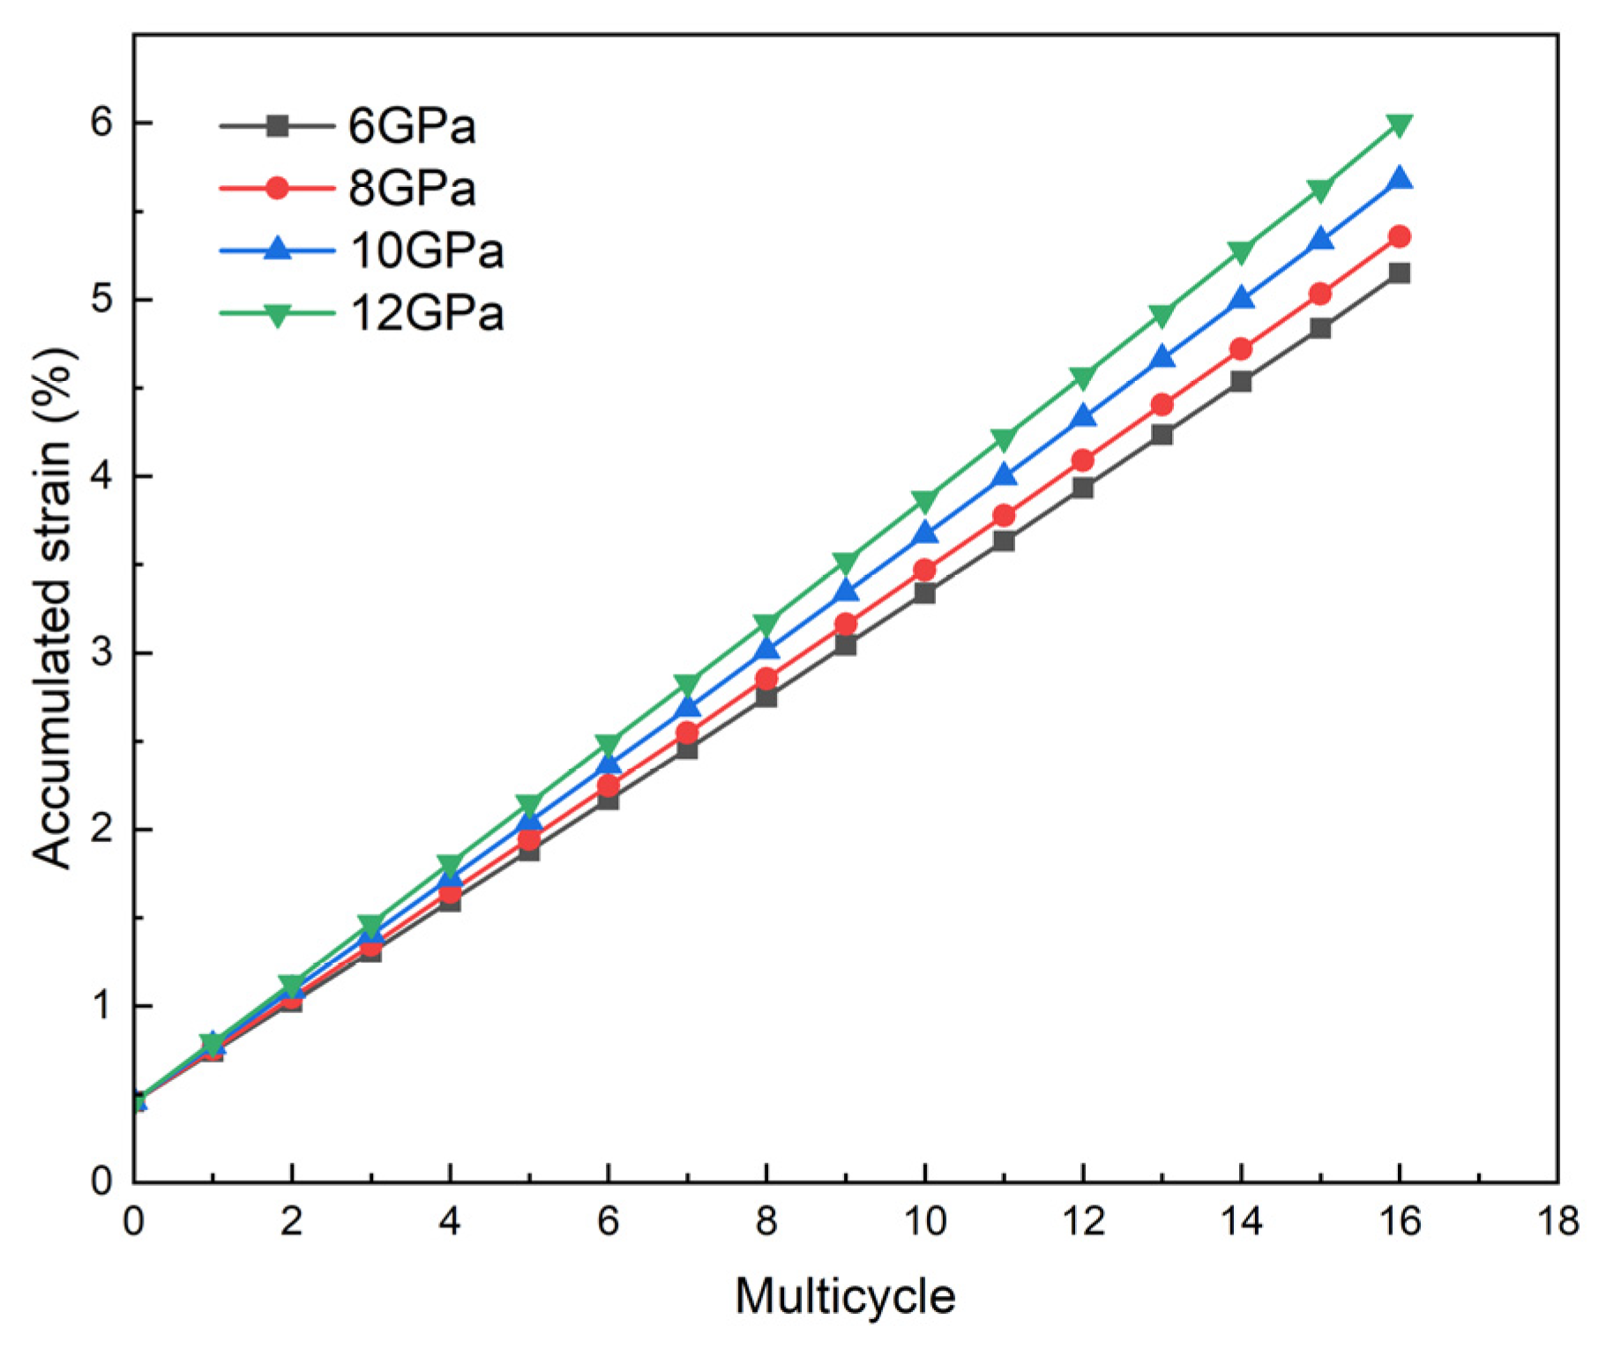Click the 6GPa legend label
pos(411,126)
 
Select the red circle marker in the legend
pos(277,188)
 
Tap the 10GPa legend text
pos(427,250)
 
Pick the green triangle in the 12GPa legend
pos(277,314)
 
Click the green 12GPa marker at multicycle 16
pos(1399,124)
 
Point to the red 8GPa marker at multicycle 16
pos(1399,236)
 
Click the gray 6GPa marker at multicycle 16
pos(1399,273)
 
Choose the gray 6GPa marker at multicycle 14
pos(1241,382)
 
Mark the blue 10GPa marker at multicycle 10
pos(925,533)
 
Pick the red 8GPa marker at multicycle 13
pos(1162,405)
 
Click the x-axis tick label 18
pos(1557,1222)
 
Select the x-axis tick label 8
pos(766,1222)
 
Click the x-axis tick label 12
pos(1083,1222)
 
